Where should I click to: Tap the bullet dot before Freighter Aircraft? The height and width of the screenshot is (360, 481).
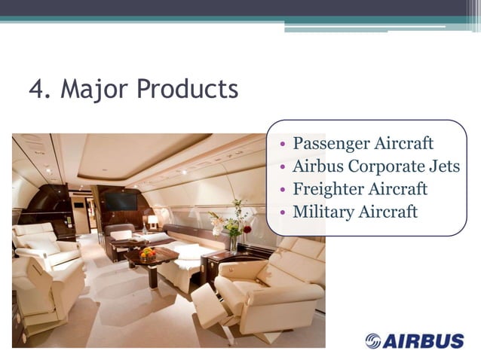(x=281, y=190)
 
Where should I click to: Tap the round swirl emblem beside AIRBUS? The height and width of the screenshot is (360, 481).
(x=373, y=341)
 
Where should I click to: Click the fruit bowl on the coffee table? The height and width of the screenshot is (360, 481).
(x=148, y=255)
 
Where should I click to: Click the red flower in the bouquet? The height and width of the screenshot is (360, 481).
(x=247, y=229)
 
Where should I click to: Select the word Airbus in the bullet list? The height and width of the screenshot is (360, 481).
(x=317, y=166)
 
